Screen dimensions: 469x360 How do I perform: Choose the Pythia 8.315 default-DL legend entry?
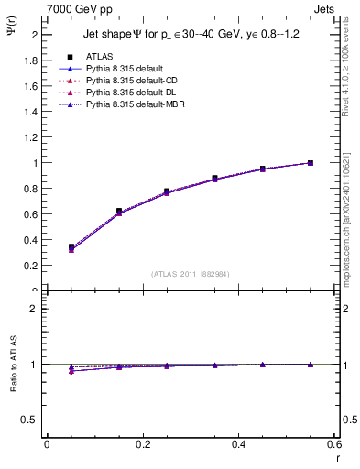[x=120, y=93]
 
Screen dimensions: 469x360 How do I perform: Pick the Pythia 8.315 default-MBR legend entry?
[x=122, y=105]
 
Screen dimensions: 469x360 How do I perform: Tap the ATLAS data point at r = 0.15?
[x=119, y=212]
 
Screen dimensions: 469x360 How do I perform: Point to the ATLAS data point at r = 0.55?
[x=311, y=163]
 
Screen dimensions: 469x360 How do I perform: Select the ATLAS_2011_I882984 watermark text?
[x=190, y=273]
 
